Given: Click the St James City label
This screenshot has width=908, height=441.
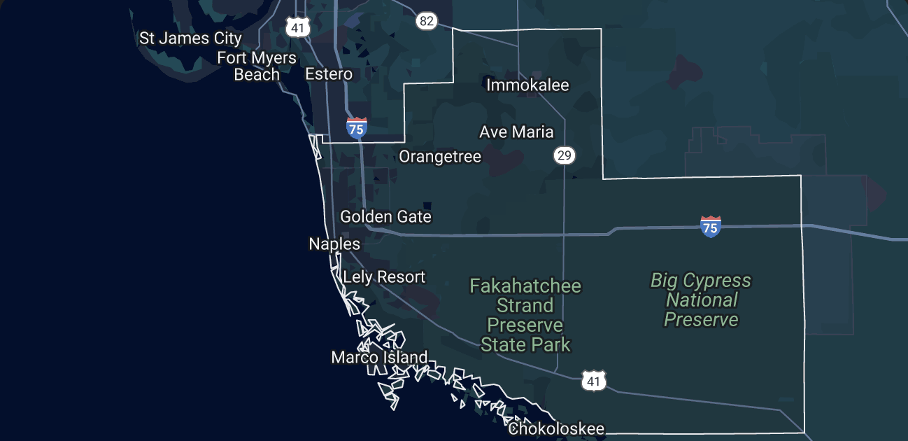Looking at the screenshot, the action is pos(190,38).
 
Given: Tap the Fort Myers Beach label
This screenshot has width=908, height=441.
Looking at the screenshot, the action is pos(257,66).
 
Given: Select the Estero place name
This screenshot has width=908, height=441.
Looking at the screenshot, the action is pos(329,73).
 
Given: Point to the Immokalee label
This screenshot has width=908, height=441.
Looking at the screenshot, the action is pos(527,85).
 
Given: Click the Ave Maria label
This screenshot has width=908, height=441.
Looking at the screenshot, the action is pos(516,132).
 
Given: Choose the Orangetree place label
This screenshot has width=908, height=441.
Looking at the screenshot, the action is pos(440,156).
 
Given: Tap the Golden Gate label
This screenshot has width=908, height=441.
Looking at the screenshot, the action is pos(385,217).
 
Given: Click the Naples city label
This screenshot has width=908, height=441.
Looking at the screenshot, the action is pos(334,244).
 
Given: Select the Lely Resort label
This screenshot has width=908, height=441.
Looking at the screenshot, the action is pos(384,277).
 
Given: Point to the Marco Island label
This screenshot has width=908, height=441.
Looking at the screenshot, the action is pos(379,358).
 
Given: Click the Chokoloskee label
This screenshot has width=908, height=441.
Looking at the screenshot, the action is pos(556,428).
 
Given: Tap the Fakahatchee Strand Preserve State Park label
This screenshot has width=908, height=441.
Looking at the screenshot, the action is pos(525,315).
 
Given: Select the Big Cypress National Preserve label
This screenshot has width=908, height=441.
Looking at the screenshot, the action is pos(701,300).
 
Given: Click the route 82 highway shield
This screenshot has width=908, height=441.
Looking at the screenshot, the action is pos(426,21).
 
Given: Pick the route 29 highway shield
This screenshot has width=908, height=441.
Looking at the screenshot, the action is pos(565,155).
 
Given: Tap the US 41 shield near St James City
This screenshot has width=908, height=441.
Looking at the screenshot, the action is pos(297,27).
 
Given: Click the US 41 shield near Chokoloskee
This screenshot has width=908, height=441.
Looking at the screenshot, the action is pos(594,381).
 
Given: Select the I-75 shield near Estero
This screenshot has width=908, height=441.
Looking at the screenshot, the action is pos(357,128).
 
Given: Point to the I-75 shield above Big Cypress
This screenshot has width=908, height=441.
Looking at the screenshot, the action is pos(710,226).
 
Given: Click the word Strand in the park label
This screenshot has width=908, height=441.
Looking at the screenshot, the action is pos(525,306).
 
